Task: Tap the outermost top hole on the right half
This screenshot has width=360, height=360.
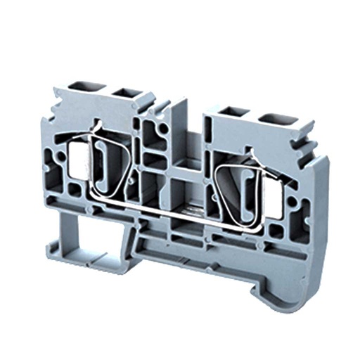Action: click(x=270, y=116)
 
